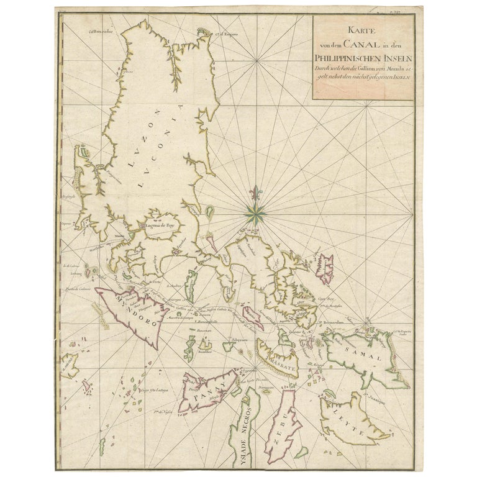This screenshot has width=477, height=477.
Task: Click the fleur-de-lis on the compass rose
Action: pos(255,194)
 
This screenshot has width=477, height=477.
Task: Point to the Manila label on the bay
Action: pos(119,237)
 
